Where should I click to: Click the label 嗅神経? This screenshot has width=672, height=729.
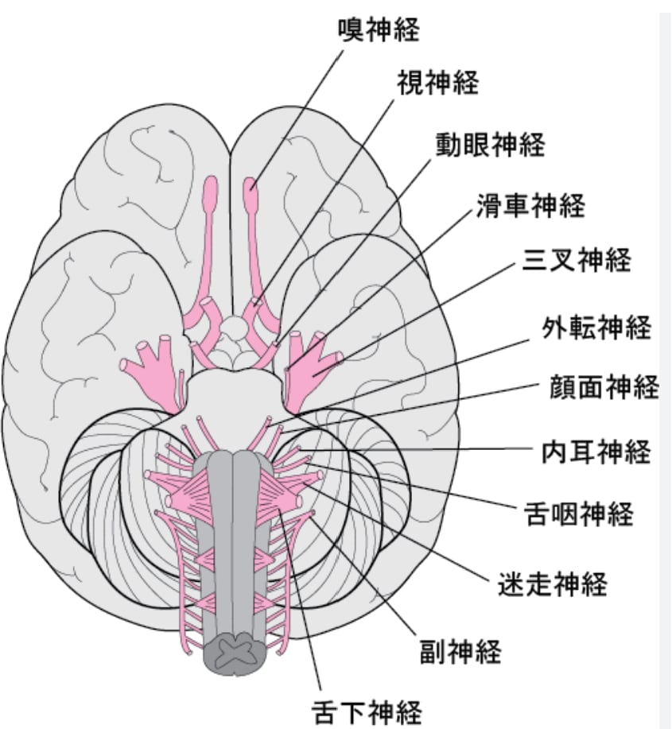click(379, 29)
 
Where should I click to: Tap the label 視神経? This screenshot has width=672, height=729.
click(437, 83)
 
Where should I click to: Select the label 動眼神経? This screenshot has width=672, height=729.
click(490, 145)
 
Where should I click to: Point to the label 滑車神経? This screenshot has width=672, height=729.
click(530, 205)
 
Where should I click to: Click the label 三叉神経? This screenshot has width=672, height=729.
click(577, 259)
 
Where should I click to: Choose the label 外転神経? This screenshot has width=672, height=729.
click(596, 327)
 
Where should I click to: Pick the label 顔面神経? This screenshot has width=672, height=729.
click(604, 386)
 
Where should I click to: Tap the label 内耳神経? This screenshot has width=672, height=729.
click(596, 451)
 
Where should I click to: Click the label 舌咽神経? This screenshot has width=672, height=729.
click(578, 514)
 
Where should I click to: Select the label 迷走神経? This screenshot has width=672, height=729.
click(553, 584)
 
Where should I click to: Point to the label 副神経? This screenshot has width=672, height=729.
click(460, 651)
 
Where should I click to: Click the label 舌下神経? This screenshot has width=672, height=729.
click(367, 712)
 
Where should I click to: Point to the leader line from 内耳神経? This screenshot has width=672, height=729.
click(415, 450)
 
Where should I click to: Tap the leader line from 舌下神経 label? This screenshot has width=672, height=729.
click(300, 599)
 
